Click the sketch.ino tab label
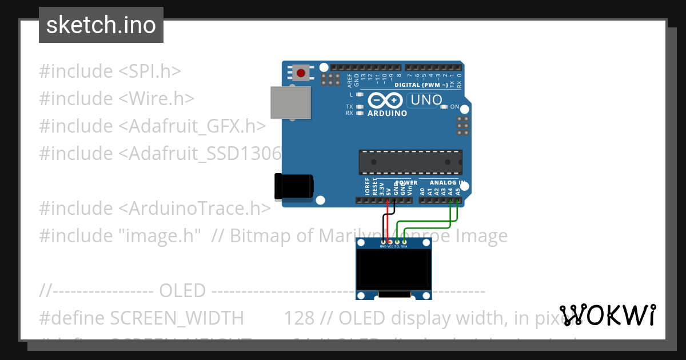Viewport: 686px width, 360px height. [101, 25]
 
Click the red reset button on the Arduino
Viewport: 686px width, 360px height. [301, 73]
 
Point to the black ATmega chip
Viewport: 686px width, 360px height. [410, 162]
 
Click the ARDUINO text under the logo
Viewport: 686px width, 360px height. [387, 113]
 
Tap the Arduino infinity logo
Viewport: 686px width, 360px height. [385, 101]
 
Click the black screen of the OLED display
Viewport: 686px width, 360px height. [393, 269]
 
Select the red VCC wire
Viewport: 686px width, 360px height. [388, 223]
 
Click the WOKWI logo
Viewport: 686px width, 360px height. [607, 315]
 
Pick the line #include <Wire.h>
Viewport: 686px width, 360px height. [117, 99]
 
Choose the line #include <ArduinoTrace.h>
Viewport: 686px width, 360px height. [154, 209]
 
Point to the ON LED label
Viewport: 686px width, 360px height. [454, 107]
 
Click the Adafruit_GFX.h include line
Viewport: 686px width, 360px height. [152, 126]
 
